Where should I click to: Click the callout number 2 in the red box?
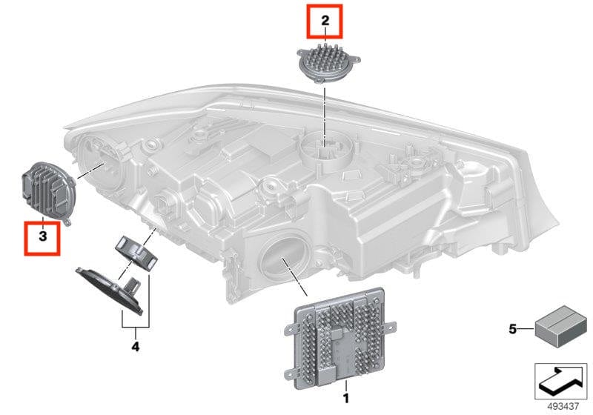[x=325, y=21]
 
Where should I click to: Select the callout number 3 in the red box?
[x=42, y=236]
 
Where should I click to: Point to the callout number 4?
[x=135, y=345]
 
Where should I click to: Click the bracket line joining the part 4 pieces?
[x=136, y=327]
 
